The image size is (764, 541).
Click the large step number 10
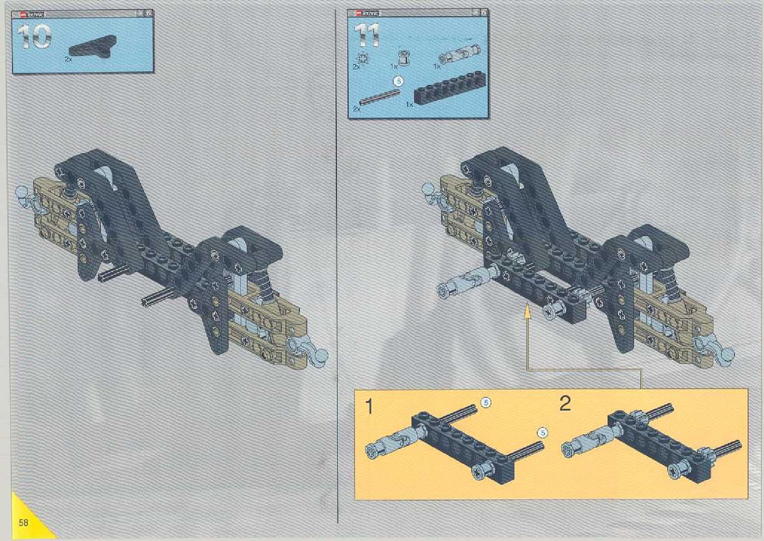35,36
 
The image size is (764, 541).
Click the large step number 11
367,35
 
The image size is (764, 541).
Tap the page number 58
23,522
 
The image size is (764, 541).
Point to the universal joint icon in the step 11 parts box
459,54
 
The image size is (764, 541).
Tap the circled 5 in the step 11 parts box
398,81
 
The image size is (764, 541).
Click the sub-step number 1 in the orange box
370,406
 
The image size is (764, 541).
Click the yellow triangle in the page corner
27,521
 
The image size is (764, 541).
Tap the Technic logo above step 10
29,15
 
